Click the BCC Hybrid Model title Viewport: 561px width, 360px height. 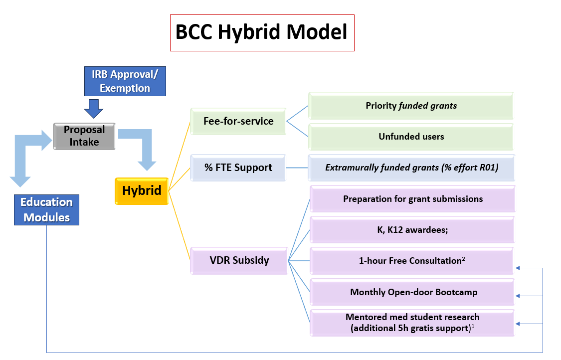point(262,33)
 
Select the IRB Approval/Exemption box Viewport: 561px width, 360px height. point(125,81)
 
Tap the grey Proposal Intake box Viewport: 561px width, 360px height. point(84,136)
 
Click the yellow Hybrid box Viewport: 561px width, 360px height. point(142,190)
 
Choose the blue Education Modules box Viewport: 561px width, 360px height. point(47,210)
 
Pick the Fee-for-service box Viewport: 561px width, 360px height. point(238,121)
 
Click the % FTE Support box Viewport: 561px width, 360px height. point(238,168)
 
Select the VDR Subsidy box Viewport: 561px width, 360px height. point(239,260)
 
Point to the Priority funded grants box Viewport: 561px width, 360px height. point(411,106)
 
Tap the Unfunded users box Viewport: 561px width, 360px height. point(411,137)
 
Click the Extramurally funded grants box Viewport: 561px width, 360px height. point(411,168)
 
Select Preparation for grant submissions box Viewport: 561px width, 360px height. point(412,199)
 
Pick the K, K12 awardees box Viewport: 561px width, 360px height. point(412,230)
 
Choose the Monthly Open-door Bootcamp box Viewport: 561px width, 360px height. point(412,292)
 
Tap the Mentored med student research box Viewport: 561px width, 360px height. point(412,323)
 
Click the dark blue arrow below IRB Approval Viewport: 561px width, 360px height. point(93,108)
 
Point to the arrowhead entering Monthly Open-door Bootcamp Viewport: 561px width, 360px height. point(519,296)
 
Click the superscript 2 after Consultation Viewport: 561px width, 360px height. point(464,258)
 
